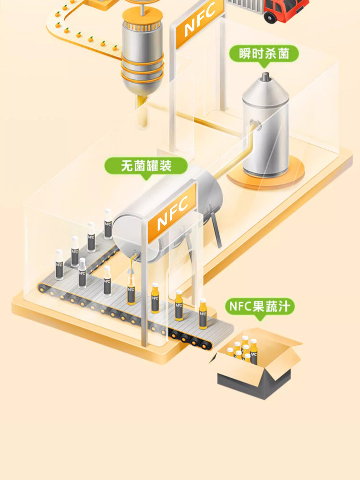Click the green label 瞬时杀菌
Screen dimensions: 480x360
point(264,54)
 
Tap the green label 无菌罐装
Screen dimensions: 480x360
point(146,166)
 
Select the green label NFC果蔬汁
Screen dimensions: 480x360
point(260,306)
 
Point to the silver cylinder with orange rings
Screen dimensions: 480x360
point(142,53)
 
